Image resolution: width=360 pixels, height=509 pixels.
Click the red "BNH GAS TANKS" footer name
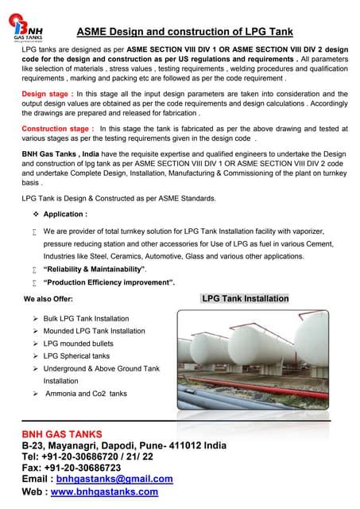(x=61, y=434)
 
